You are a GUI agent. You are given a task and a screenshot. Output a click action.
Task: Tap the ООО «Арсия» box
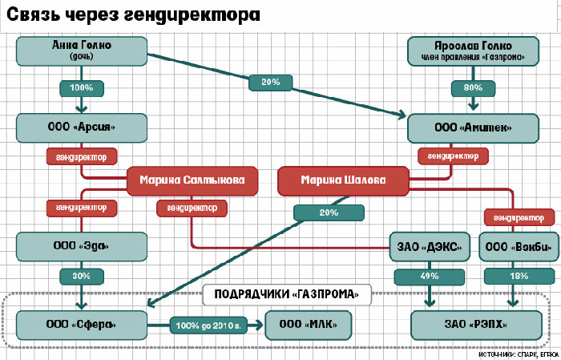(x=81, y=127)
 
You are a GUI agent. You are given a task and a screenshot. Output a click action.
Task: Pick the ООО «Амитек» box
(x=470, y=127)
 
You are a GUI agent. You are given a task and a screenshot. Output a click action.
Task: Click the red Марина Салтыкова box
(x=193, y=180)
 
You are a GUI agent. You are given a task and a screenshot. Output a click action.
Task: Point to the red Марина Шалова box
(x=343, y=180)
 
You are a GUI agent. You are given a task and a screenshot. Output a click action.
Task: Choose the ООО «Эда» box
(x=81, y=246)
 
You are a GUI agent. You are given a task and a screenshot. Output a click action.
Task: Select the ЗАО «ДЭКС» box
(x=429, y=247)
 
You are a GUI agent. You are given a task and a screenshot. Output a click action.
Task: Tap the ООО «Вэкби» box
(x=519, y=247)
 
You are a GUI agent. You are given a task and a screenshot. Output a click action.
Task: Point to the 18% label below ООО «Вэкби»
(x=519, y=276)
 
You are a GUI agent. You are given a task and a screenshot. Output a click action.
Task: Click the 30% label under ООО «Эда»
(x=81, y=276)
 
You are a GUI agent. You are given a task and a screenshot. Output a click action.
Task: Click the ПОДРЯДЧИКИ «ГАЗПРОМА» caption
(x=288, y=294)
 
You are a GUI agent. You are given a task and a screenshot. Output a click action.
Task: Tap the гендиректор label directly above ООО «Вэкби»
(x=519, y=217)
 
